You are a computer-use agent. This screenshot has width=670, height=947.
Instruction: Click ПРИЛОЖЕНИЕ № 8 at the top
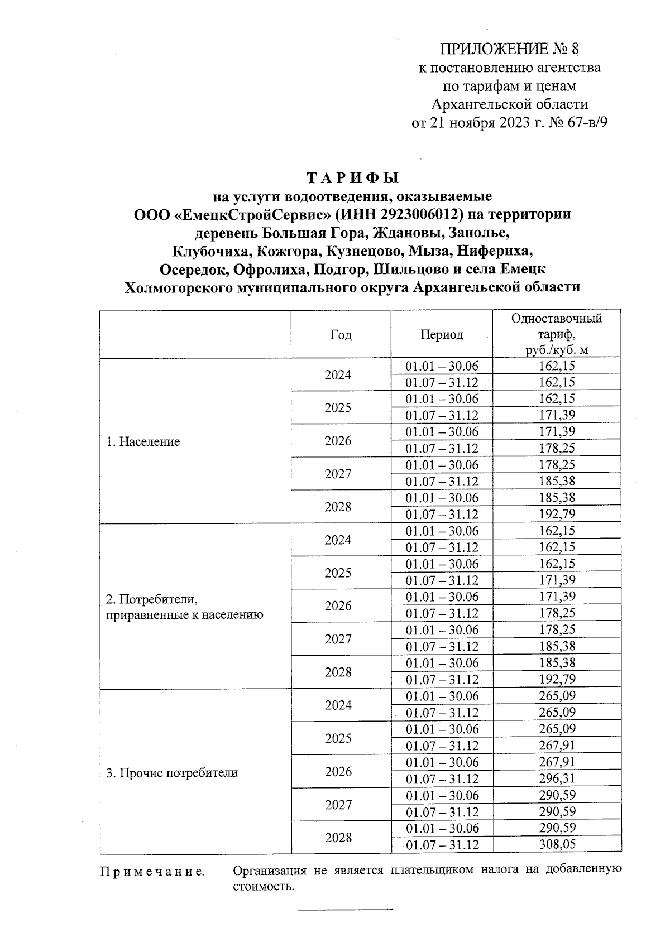pyautogui.click(x=510, y=49)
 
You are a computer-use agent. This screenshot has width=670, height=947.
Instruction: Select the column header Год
pyautogui.click(x=341, y=334)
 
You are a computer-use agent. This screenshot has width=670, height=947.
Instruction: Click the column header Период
pyautogui.click(x=442, y=334)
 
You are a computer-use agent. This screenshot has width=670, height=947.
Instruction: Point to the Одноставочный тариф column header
pyautogui.click(x=556, y=334)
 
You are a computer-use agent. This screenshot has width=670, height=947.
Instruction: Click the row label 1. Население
pyautogui.click(x=143, y=441)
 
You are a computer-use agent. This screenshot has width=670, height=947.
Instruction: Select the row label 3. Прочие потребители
pyautogui.click(x=171, y=772)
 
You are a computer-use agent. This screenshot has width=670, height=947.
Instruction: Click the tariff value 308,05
pyautogui.click(x=557, y=844)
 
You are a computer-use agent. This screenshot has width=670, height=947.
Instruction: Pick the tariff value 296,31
pyautogui.click(x=557, y=778)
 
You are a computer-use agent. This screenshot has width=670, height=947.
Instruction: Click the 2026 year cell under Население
pyautogui.click(x=338, y=441)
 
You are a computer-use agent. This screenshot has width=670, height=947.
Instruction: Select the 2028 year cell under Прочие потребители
pyautogui.click(x=338, y=838)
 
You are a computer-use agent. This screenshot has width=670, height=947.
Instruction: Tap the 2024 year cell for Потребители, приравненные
pyautogui.click(x=338, y=540)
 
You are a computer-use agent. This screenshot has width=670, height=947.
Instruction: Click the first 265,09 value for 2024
pyautogui.click(x=557, y=696)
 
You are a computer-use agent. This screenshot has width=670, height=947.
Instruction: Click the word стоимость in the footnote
pyautogui.click(x=263, y=886)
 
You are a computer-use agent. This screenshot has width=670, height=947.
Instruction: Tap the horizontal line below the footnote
pyautogui.click(x=346, y=910)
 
